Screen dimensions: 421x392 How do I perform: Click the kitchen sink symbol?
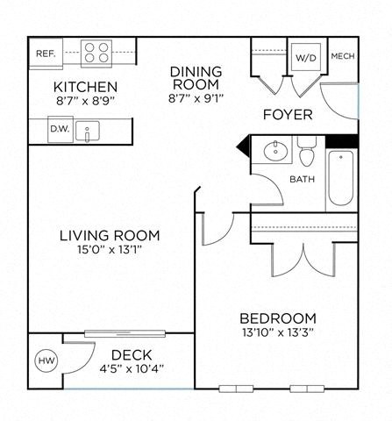88,130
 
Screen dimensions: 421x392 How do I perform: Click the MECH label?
342,58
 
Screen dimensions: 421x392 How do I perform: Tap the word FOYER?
286,115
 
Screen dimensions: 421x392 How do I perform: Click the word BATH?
303,180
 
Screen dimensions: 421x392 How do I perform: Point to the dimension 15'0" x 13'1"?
110,251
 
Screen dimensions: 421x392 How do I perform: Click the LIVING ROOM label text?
110,235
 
